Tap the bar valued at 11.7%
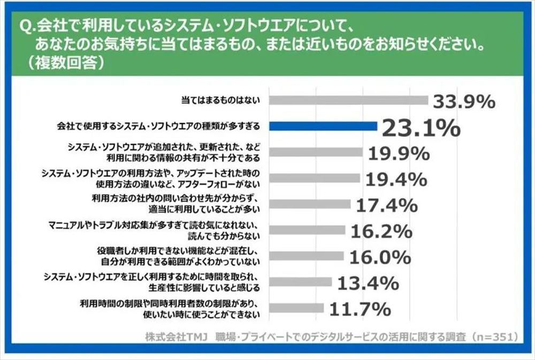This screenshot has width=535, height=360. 296,308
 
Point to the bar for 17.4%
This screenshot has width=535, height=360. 310,204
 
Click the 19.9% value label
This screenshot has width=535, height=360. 399,154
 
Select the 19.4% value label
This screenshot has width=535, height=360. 396,179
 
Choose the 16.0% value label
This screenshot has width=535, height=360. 380,257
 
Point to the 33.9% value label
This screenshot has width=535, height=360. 464,101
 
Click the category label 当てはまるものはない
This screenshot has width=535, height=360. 220,100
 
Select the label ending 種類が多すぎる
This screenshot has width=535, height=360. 158,126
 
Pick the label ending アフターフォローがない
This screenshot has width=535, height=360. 187,183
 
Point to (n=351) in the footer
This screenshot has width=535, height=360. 493,337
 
